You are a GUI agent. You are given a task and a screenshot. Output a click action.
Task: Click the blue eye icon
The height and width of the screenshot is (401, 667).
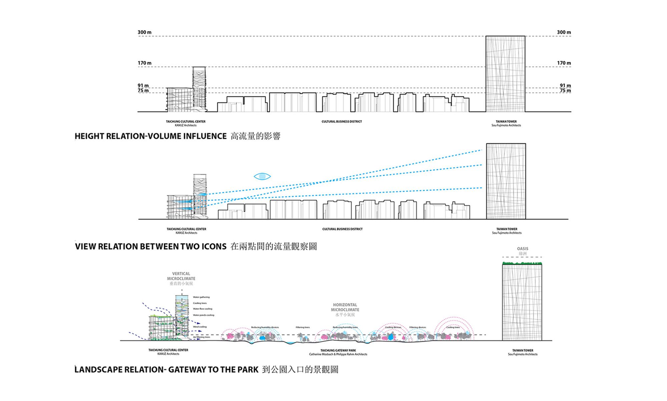click(262, 176)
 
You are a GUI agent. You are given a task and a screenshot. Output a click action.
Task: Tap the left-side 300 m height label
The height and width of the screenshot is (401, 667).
click(144, 32)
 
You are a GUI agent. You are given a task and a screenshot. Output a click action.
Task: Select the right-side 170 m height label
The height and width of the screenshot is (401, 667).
click(564, 63)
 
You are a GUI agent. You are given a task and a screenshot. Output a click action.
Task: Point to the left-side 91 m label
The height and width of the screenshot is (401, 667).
click(143, 86)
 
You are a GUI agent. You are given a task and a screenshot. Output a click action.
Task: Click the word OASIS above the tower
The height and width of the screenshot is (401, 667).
click(523, 249)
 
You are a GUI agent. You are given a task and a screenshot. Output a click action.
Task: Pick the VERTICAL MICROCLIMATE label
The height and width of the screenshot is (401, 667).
click(181, 276)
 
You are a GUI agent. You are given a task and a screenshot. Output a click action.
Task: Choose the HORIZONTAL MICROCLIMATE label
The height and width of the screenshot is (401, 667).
click(345, 307)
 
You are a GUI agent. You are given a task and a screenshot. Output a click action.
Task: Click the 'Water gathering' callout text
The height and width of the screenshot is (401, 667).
click(201, 297)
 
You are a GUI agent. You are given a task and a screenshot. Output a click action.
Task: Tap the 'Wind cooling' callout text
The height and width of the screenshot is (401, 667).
click(200, 327)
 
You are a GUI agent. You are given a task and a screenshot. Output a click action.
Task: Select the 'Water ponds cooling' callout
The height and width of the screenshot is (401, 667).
click(203, 315)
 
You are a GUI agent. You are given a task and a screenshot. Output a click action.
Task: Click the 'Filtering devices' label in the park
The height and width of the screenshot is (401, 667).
click(418, 327)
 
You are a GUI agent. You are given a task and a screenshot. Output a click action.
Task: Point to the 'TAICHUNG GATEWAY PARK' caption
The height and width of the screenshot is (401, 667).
click(338, 350)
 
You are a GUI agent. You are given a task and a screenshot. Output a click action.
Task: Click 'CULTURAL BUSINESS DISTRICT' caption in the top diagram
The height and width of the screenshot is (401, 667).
click(342, 122)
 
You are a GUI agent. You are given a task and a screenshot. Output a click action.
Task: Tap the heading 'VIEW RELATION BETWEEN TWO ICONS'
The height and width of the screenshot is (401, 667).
click(151, 247)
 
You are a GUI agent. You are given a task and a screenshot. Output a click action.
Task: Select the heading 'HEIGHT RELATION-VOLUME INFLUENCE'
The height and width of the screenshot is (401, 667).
click(150, 136)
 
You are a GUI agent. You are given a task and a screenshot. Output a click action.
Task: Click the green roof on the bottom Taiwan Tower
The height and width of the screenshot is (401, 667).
click(522, 263)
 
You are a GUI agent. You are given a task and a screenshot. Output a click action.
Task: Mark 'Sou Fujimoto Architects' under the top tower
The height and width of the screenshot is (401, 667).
click(506, 125)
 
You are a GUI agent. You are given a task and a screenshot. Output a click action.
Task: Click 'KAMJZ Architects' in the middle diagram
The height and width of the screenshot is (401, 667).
click(186, 233)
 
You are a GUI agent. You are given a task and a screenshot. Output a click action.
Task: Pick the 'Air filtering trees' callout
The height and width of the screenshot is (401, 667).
click(201, 337)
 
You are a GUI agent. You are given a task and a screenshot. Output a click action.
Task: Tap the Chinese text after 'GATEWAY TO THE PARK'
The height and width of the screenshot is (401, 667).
click(300, 370)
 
